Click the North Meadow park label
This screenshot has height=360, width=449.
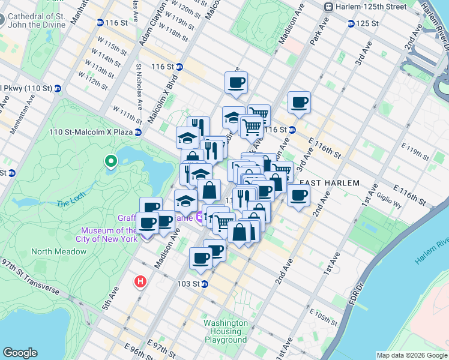(x=59, y=251)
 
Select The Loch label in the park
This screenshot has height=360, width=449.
(x=71, y=203)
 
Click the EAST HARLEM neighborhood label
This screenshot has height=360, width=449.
(x=329, y=183)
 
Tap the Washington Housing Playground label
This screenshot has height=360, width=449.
(x=225, y=331)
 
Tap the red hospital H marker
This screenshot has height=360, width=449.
(x=140, y=280)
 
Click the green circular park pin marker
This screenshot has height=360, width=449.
(x=110, y=161)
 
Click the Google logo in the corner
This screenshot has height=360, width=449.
(x=20, y=353)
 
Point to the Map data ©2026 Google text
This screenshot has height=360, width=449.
(x=411, y=355)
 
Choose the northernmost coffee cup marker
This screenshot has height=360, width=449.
(x=236, y=83)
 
